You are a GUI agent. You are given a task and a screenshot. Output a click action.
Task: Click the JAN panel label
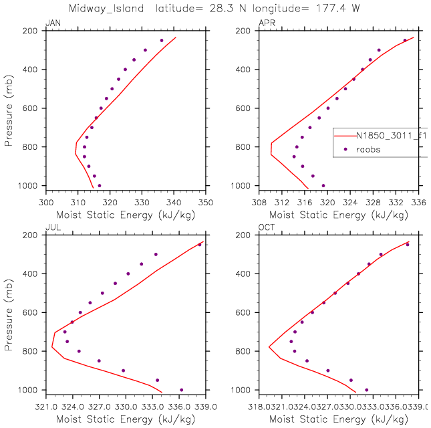click(51, 24)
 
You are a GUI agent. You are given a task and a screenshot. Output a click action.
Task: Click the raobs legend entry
click(367, 150)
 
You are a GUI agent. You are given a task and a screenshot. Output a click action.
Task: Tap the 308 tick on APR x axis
click(259, 200)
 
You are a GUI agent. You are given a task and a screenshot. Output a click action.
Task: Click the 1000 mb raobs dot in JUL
click(181, 390)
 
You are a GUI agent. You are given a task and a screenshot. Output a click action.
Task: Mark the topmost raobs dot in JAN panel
click(161, 41)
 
